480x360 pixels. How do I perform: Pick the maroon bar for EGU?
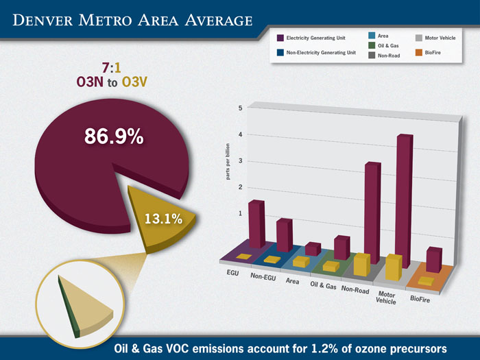[256, 225]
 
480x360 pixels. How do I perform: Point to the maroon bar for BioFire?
[433, 259]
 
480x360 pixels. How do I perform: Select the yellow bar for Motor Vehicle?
[394, 267]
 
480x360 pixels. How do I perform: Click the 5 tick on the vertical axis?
[239, 108]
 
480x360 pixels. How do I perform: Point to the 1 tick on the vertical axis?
[240, 213]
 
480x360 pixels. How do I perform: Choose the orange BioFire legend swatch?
[419, 52]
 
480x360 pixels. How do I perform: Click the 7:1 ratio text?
[112, 68]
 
